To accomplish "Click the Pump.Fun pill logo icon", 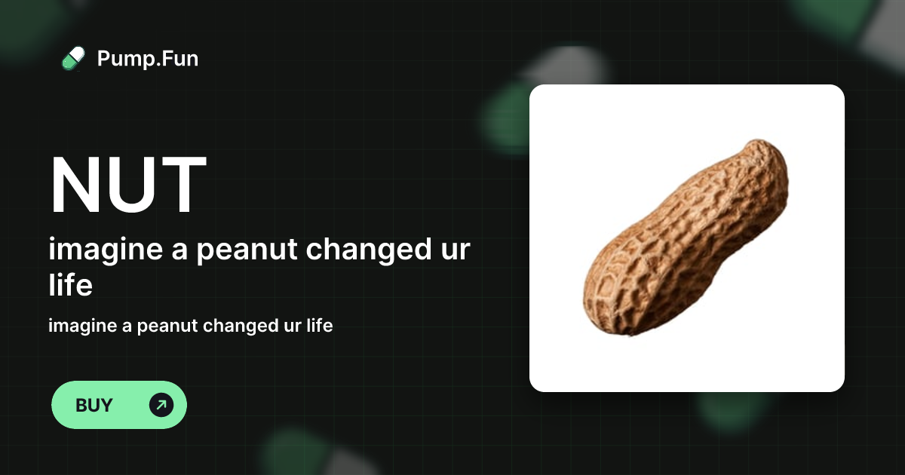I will click(x=73, y=58).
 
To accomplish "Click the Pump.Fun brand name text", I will click(x=148, y=58).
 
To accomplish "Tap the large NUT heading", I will click(x=128, y=185).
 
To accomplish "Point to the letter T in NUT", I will click(x=181, y=185).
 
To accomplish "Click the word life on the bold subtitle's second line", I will click(x=70, y=286).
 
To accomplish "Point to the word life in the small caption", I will click(x=318, y=326).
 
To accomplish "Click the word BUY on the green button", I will click(x=94, y=405).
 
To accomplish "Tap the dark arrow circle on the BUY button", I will click(x=161, y=405).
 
